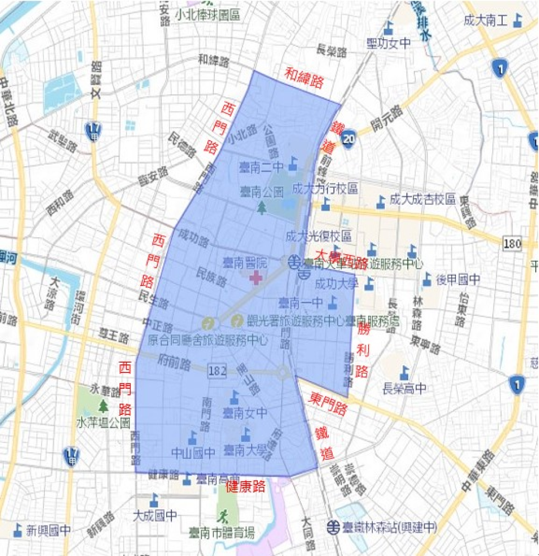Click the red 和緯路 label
coord(305,78)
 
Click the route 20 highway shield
coord(349,139)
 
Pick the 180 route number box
coord(512,243)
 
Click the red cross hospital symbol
coord(255,279)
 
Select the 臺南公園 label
coord(262,192)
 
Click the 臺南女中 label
coord(245,413)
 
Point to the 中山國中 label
coord(193,452)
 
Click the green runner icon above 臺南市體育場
coord(224,514)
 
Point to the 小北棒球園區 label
coord(207,15)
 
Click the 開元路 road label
coord(387,119)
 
